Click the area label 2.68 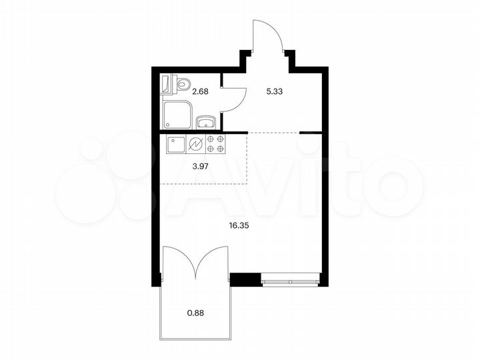(x=201, y=92)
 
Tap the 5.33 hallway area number (x=275, y=92)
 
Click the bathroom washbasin (x=206, y=121)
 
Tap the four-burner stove (x=215, y=145)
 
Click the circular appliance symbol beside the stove (x=196, y=145)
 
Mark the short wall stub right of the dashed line (x=307, y=133)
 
